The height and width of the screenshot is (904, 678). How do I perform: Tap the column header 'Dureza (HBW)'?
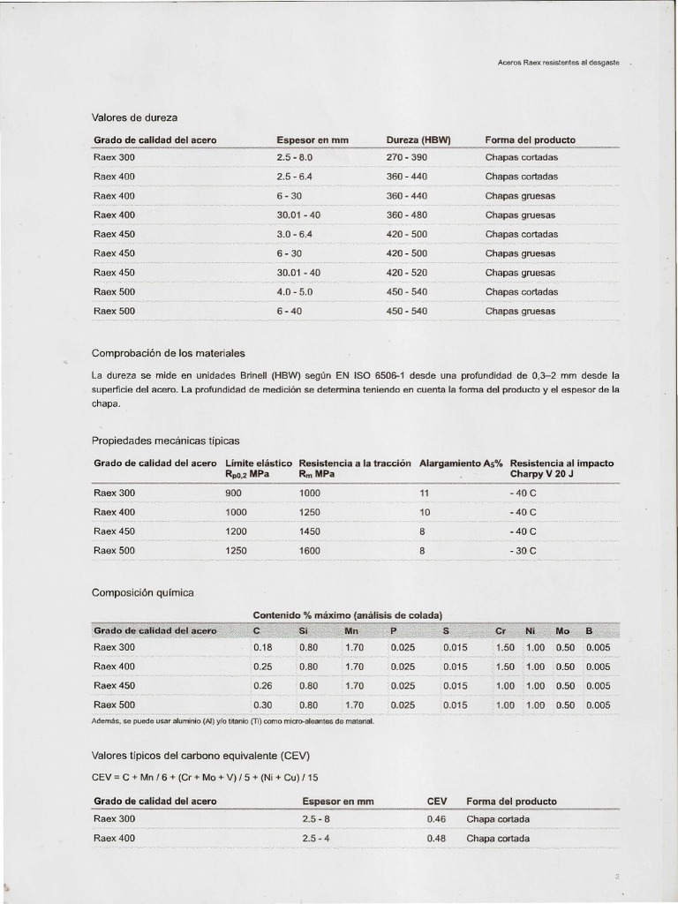418,140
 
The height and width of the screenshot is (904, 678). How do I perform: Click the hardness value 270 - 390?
406,157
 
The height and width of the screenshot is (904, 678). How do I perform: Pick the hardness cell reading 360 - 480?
406,215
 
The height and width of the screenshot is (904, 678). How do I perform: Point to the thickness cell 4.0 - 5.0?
295,291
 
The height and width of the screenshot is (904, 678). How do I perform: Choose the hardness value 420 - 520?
406,273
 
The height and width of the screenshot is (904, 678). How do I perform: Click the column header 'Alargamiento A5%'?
460,463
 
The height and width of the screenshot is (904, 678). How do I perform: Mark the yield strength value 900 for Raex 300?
234,493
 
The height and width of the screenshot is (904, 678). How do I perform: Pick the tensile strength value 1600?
311,550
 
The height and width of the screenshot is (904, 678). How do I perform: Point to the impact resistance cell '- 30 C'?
523,550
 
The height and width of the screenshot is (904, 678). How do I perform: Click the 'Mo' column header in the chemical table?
562,630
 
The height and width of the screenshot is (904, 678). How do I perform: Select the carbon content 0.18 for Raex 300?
262,647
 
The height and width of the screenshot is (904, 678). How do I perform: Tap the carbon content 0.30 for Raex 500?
262,705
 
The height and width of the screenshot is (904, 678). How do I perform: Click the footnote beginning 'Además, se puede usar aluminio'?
233,721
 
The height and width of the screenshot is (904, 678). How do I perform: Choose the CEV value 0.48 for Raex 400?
436,838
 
